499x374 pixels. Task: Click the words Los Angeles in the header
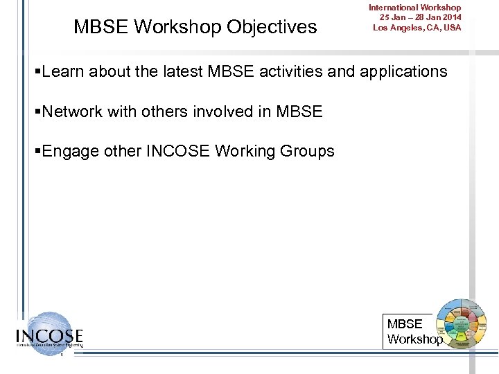398,28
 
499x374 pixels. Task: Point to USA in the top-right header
450,28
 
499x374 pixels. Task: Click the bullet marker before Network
37,112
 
